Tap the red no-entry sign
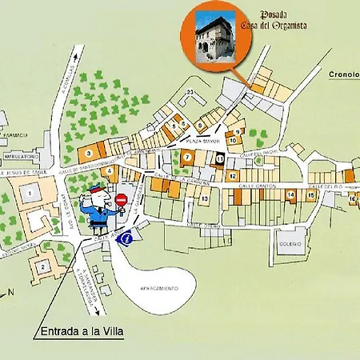click(121, 199)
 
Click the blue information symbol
click(125, 237)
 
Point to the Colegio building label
click(290, 243)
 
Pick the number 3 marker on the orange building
click(88, 152)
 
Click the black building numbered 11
click(219, 159)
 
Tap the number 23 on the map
click(190, 94)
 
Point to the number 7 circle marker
click(186, 158)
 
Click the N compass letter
click(11, 291)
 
